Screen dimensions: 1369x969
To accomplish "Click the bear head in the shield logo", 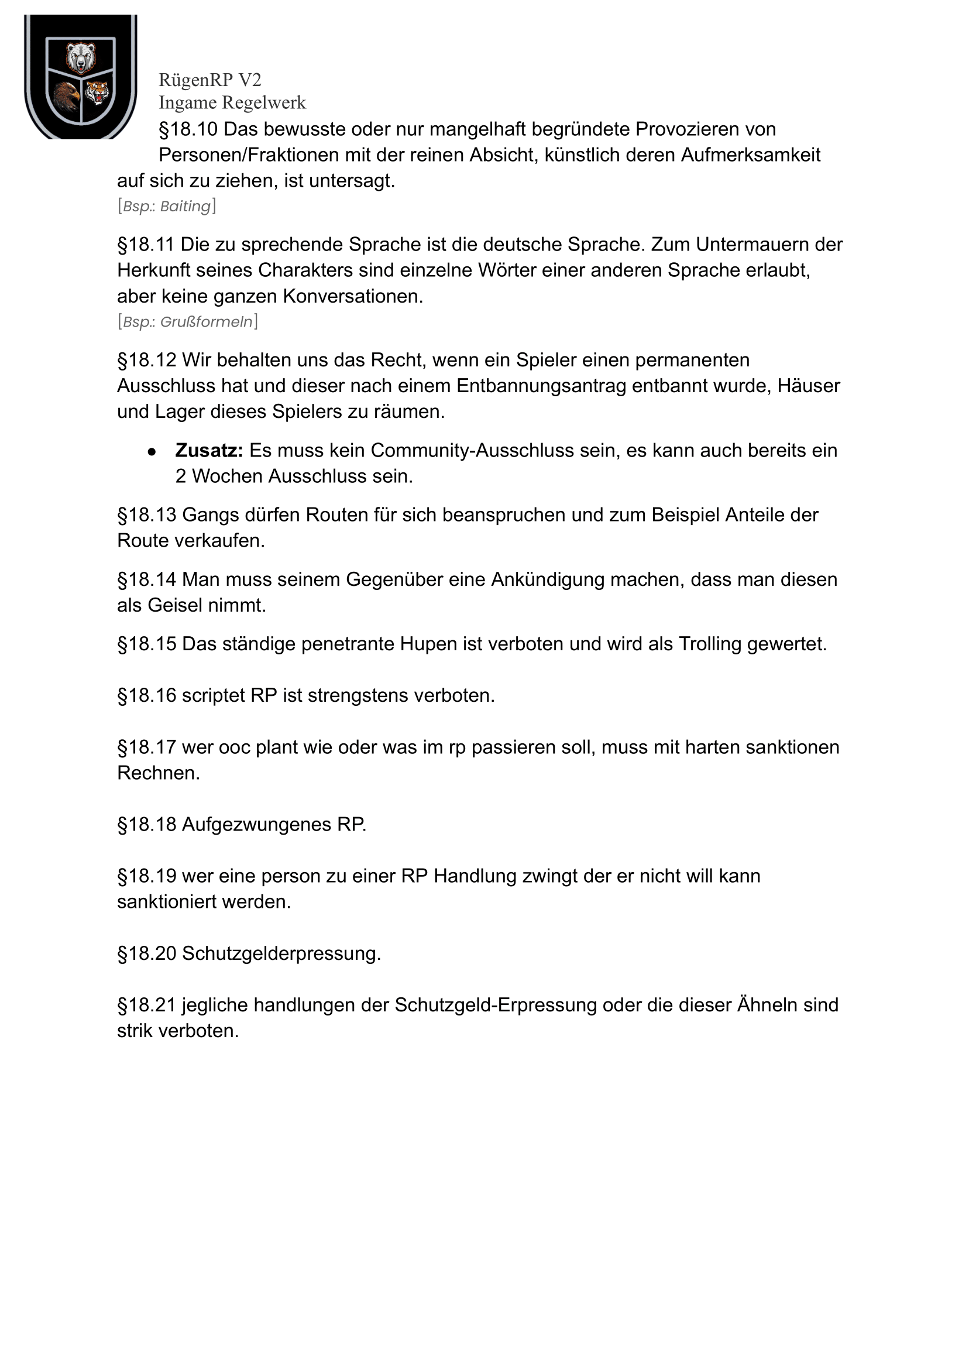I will (x=81, y=58).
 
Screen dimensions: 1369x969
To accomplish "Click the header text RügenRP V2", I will (x=209, y=80).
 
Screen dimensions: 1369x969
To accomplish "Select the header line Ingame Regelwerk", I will (x=232, y=102).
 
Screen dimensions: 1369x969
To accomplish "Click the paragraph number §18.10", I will (x=188, y=129).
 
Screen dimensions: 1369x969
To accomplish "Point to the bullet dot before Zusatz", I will (x=152, y=452).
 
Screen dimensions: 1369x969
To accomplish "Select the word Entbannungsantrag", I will (x=541, y=386).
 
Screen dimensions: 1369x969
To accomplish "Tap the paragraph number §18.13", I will (x=147, y=515).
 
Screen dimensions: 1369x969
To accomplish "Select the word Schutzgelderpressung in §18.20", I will (x=281, y=953).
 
